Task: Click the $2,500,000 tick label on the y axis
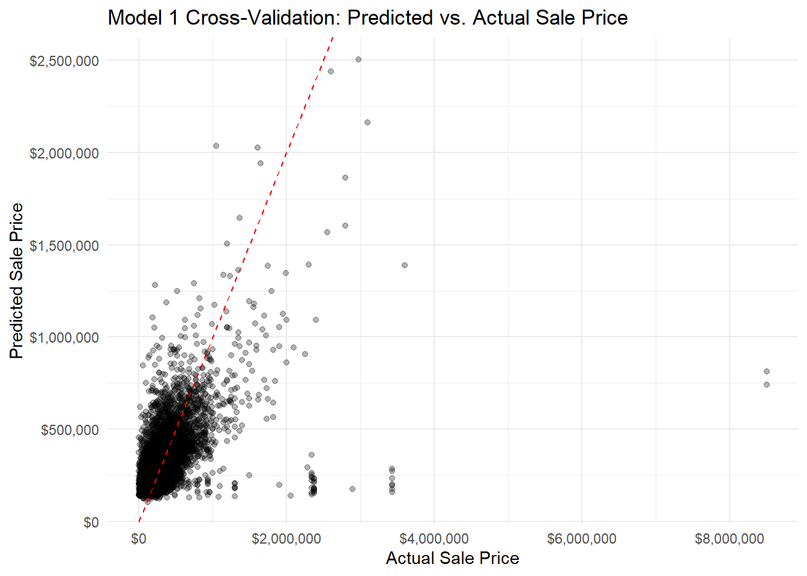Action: (64, 61)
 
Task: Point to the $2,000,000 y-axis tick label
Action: (64, 153)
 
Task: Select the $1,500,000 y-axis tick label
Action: (64, 245)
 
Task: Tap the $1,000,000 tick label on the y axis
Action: (64, 338)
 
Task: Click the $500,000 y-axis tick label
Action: (70, 430)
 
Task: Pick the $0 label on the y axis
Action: (91, 522)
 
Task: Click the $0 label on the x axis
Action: (139, 539)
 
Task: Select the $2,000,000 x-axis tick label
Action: (286, 539)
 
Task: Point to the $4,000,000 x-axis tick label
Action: (434, 539)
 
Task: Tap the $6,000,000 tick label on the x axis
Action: (582, 539)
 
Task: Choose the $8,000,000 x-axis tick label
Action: (730, 539)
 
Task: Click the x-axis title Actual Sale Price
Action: (452, 558)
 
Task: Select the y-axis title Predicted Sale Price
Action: (16, 281)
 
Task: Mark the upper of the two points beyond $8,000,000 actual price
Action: (767, 371)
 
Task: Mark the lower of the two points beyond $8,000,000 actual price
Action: (767, 385)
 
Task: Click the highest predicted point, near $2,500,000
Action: (358, 59)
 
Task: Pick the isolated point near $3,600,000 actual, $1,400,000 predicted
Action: (405, 265)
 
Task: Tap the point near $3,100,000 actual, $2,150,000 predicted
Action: (367, 122)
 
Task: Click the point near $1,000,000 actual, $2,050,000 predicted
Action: (216, 146)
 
